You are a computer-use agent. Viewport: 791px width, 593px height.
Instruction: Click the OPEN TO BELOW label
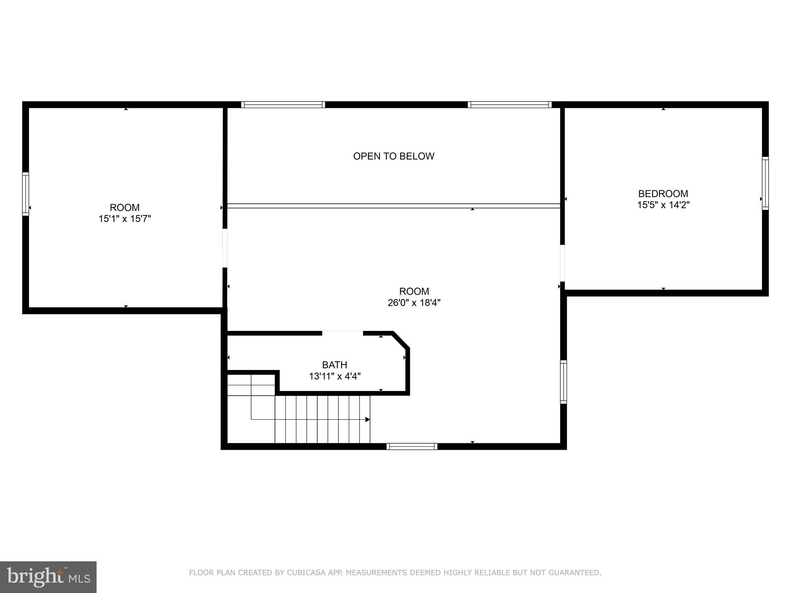(x=394, y=156)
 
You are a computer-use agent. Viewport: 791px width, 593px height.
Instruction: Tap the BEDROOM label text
(x=663, y=193)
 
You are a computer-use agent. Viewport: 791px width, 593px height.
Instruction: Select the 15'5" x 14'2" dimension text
(x=663, y=205)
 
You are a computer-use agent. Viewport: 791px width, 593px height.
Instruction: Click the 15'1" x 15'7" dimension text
(x=124, y=219)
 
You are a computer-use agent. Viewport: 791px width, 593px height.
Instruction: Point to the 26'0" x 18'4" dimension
(x=414, y=302)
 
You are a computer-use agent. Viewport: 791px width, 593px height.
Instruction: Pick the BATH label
(x=334, y=364)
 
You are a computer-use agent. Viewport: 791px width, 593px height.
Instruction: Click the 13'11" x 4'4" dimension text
(x=334, y=376)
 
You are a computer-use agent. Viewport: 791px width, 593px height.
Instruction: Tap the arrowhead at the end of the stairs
(x=368, y=419)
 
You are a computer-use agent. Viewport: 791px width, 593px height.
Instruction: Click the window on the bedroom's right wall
(x=765, y=183)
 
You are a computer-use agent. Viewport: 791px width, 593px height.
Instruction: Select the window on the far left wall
(x=25, y=193)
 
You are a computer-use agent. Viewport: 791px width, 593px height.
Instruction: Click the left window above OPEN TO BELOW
(x=283, y=105)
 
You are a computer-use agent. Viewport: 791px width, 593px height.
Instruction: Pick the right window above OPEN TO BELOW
(x=509, y=105)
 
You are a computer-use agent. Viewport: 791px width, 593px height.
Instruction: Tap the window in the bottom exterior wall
(x=412, y=446)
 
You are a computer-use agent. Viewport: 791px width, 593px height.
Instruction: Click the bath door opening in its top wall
(x=343, y=333)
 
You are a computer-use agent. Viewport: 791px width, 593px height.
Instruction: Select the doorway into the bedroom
(x=562, y=263)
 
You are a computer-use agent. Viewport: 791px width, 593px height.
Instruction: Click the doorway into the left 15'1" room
(x=225, y=248)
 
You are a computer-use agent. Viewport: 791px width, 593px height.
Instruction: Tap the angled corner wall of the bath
(x=401, y=340)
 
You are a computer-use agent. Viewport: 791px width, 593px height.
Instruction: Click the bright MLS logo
(x=48, y=577)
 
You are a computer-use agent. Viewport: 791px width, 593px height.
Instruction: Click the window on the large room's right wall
(x=563, y=381)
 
